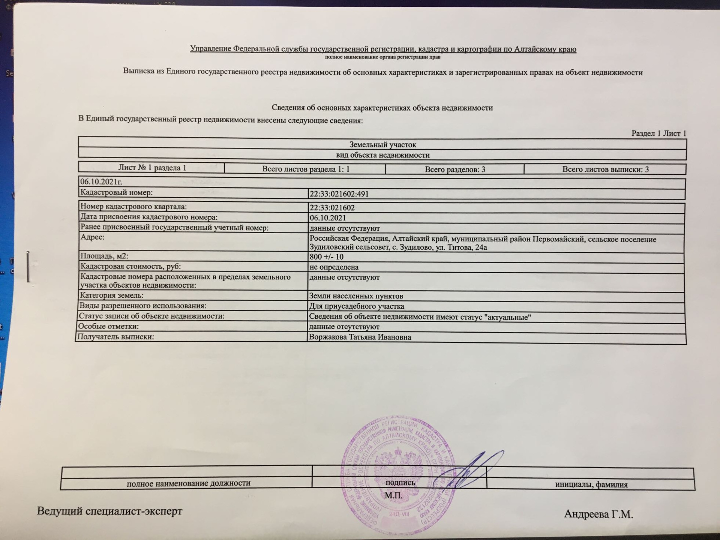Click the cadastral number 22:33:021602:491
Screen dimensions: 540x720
(339, 194)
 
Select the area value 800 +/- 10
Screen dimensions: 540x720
(326, 257)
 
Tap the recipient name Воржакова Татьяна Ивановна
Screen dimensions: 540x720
(360, 337)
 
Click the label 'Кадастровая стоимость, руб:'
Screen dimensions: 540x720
(130, 267)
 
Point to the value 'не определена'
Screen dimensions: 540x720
(334, 267)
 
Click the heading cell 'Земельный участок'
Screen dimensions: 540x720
(382, 144)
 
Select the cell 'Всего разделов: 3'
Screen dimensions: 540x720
(454, 169)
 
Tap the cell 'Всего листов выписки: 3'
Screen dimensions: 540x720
(605, 169)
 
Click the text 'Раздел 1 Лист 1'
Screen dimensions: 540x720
(658, 133)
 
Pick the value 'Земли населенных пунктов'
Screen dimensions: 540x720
(356, 296)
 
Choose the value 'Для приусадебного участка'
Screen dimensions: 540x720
(356, 306)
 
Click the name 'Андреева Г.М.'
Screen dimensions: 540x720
(598, 514)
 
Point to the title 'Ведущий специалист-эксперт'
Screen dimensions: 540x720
(109, 511)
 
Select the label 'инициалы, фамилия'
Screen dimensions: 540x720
(591, 484)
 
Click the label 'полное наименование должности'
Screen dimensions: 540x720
(188, 483)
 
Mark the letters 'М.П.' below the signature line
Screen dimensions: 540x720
(393, 496)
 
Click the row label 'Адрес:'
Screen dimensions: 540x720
(92, 237)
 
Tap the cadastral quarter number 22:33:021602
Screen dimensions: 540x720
(332, 208)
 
